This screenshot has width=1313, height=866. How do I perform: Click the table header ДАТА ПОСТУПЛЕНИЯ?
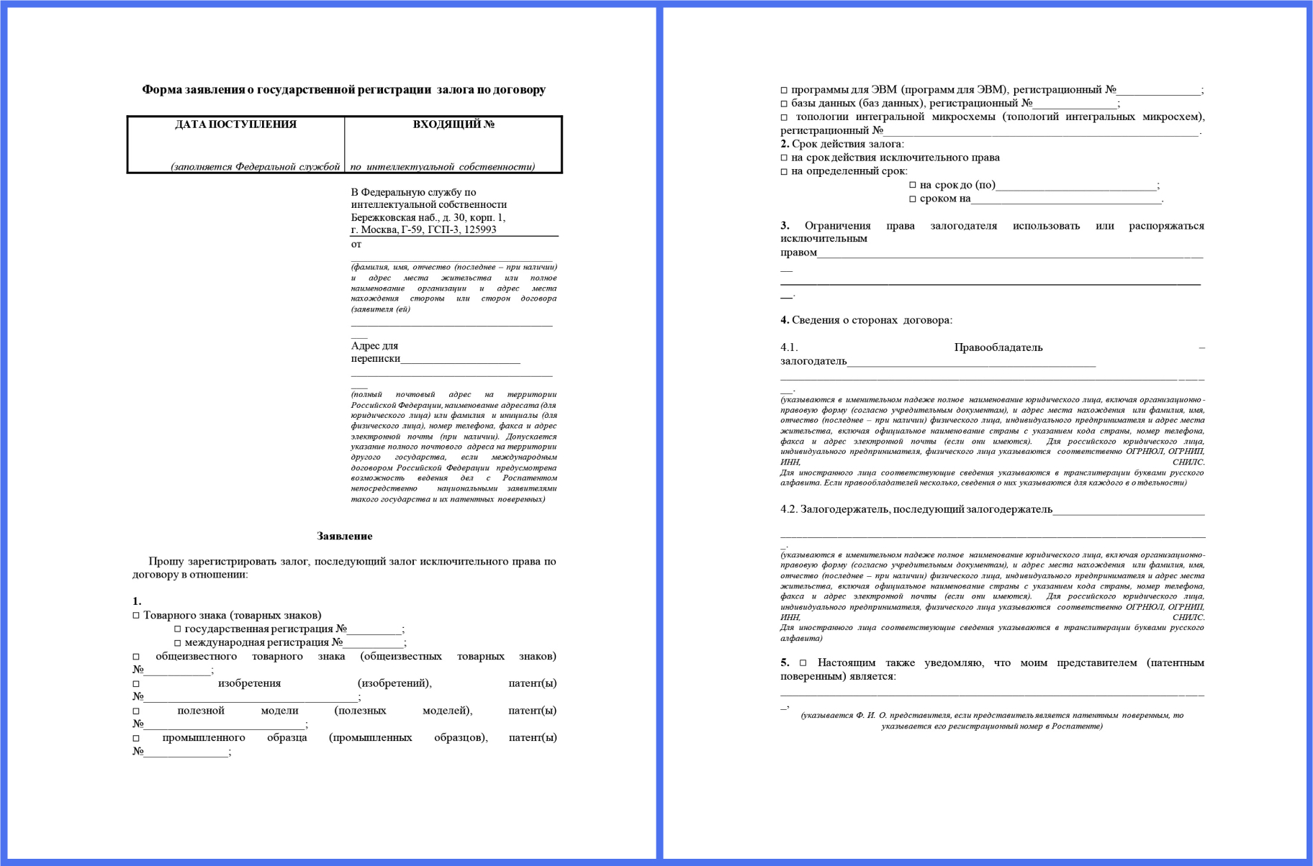coord(235,124)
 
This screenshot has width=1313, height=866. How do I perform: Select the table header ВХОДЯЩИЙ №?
coord(454,124)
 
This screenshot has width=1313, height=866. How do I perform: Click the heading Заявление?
coord(344,536)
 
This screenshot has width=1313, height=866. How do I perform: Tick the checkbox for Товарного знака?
coord(136,616)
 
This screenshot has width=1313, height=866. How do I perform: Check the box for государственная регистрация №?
coord(178,629)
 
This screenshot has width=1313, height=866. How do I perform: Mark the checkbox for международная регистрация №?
coord(178,643)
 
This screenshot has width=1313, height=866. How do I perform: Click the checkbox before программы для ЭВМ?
coord(784,91)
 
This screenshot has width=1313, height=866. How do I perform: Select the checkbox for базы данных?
coord(784,104)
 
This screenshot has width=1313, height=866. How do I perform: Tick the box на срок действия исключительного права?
coord(784,158)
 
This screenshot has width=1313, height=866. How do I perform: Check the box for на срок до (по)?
coord(913,186)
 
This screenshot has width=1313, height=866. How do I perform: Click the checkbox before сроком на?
coord(913,199)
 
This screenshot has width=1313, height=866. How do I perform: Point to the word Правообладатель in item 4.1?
coord(998,347)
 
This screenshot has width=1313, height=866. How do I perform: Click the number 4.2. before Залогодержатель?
coord(789,509)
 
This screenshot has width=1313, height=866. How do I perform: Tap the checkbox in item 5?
coord(803,663)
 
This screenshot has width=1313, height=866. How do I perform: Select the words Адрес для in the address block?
coord(374,346)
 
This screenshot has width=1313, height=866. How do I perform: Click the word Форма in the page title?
coord(158,90)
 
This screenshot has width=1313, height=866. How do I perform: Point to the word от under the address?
coord(356,245)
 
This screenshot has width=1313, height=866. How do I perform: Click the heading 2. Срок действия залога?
coord(842,144)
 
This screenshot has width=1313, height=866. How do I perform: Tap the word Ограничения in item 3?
coord(837,226)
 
